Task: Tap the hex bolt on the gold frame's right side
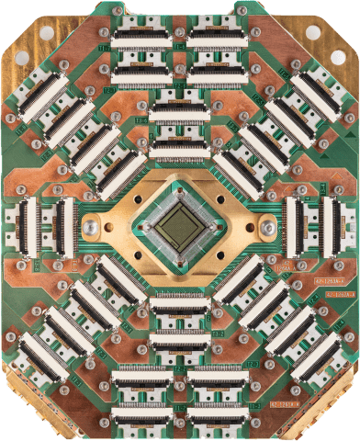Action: pyautogui.click(x=267, y=228)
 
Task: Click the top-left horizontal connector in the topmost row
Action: pyautogui.click(x=140, y=40)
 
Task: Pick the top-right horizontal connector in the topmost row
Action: pyautogui.click(x=219, y=40)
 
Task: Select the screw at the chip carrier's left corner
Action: pyautogui.click(x=141, y=227)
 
